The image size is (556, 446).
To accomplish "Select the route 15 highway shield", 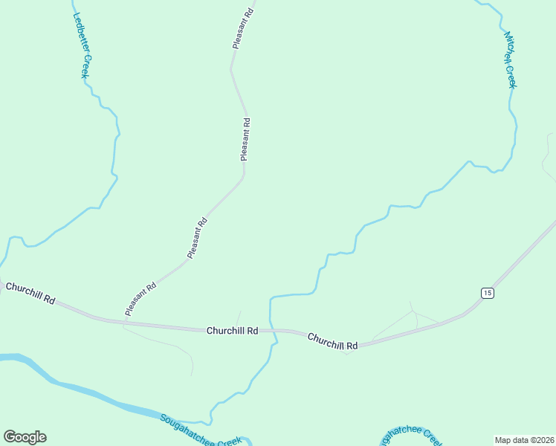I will pos(487,293).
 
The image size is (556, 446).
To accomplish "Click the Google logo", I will pos(25,437).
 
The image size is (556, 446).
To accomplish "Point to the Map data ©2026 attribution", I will pos(524,440).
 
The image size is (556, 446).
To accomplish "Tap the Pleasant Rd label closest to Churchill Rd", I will pos(140,299).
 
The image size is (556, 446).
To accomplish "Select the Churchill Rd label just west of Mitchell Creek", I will pos(232,330).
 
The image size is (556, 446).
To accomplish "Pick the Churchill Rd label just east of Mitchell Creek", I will pos(332,340).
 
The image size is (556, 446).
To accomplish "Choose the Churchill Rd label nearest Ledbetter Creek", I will pos(30,293).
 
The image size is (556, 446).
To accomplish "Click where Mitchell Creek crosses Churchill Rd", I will pos(271,330).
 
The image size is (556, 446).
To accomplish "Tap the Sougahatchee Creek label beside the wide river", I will pos(200,431).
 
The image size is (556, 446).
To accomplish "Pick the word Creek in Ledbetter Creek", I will pos(85,65).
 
